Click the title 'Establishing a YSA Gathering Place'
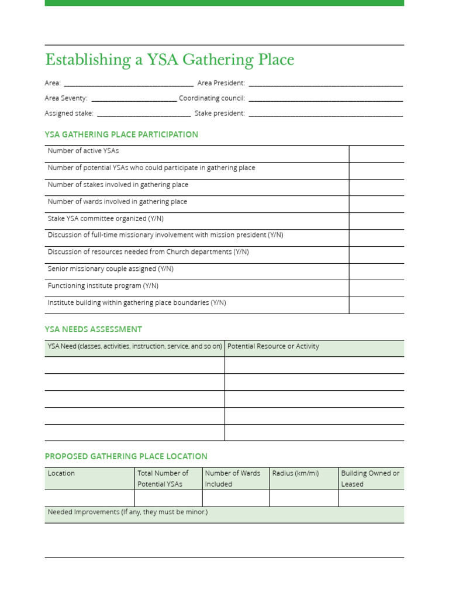[170, 60]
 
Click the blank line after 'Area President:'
[325, 84]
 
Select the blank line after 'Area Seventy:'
[134, 99]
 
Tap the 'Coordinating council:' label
[212, 98]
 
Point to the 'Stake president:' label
[219, 113]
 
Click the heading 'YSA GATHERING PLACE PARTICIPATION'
[122, 135]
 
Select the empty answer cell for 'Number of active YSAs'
[376, 154]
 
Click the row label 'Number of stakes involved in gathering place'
[118, 185]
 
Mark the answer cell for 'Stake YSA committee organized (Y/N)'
[376, 221]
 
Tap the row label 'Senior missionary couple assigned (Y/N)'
[110, 269]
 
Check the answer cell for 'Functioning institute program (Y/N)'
[376, 288]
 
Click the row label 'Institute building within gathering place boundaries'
[137, 303]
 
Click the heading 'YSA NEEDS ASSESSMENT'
[94, 329]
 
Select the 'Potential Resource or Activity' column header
[273, 346]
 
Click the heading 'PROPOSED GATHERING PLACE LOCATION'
[126, 456]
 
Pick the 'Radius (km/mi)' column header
[295, 473]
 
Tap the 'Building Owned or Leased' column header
[370, 478]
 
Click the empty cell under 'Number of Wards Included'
[236, 498]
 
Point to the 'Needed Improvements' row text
[127, 512]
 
